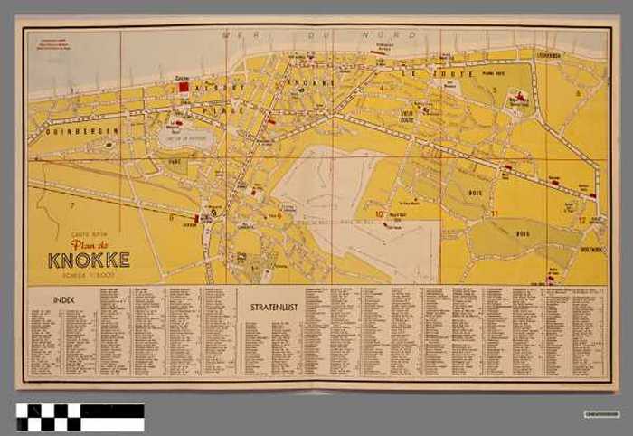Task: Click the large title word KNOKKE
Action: click(89, 260)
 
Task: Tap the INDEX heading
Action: click(64, 298)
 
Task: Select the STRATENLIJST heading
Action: click(271, 308)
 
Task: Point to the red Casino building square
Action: click(183, 88)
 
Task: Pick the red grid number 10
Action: click(381, 214)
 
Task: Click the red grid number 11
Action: click(495, 213)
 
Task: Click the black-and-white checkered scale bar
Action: click(80, 416)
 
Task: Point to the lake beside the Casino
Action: click(185, 137)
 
